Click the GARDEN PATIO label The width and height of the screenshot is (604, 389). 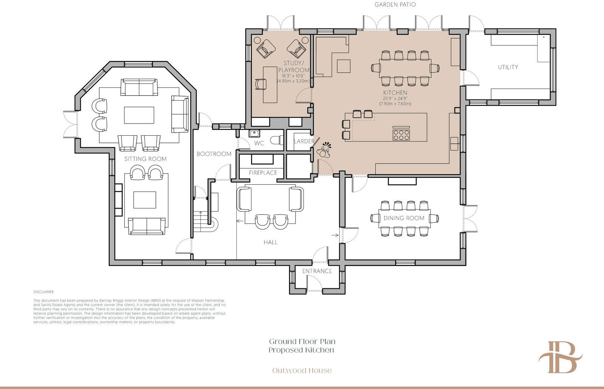395,5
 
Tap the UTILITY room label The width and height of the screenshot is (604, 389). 508,67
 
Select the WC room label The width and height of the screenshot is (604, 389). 259,143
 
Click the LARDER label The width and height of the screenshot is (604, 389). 304,141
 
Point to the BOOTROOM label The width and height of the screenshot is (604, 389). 214,154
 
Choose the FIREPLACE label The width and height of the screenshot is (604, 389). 263,173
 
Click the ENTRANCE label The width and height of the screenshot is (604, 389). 317,271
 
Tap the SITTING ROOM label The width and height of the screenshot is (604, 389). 145,159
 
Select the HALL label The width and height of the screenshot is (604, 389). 270,242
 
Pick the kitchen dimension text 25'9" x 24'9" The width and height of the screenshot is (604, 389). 395,98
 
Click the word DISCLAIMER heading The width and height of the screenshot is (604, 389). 43,292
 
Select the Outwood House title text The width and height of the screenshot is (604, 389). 302,371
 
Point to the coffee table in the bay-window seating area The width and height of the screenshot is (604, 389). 139,115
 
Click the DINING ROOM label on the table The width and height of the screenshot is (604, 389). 404,218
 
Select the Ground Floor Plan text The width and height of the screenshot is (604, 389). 302,342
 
